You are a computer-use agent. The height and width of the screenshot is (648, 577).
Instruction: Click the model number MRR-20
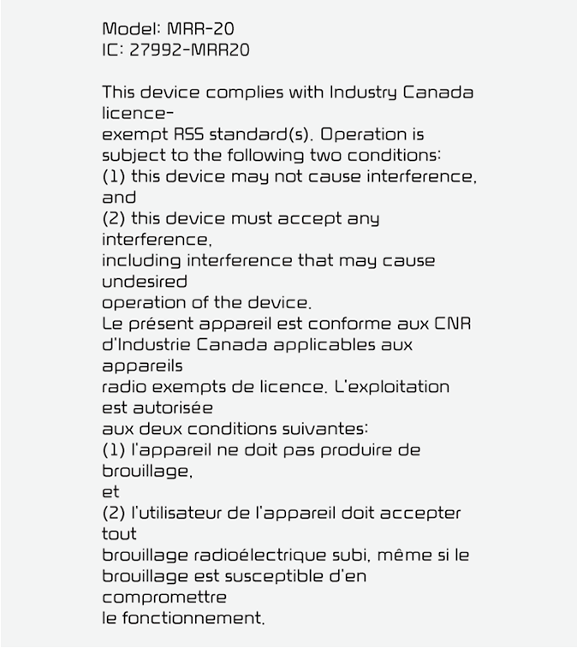[x=200, y=29]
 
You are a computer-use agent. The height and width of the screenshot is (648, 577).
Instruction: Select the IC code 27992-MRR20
[x=189, y=51]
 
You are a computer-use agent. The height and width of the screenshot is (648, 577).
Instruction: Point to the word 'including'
[x=141, y=260]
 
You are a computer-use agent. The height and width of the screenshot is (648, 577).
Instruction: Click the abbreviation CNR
[x=453, y=324]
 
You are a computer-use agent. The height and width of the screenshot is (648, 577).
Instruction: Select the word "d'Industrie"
[x=146, y=345]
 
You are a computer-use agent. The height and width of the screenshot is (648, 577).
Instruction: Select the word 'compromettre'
[x=164, y=597]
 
